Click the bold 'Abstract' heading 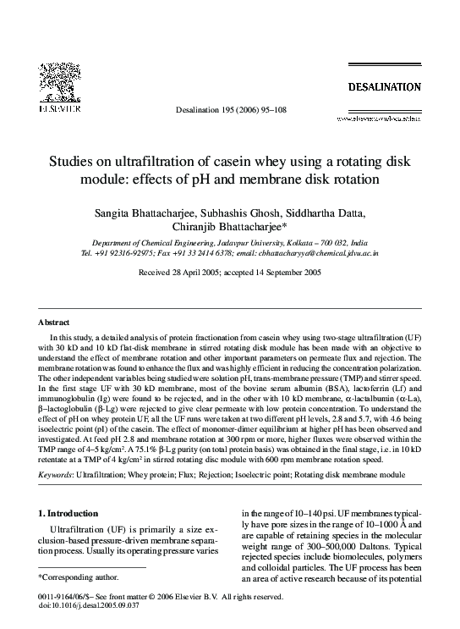[54, 323]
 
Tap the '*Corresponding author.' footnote [74, 577]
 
